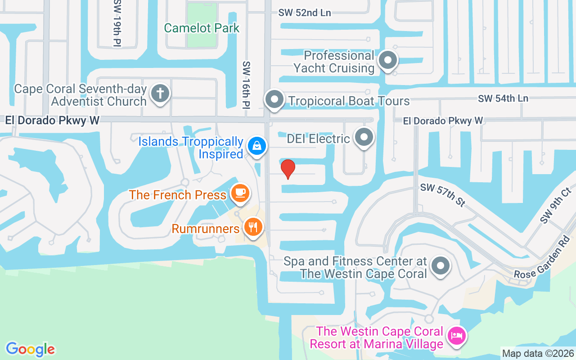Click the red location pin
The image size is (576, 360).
288,169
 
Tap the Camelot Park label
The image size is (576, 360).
202,28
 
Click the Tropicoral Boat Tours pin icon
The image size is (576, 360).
274,99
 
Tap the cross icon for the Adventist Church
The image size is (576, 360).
160,94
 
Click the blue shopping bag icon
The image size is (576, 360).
256,146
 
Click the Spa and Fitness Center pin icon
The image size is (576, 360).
441,265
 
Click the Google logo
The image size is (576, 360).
30,349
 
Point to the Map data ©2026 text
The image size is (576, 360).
538,353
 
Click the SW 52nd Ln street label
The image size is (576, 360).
305,13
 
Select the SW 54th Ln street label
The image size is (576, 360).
503,99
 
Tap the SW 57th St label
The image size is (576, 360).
442,195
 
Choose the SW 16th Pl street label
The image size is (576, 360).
246,85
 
